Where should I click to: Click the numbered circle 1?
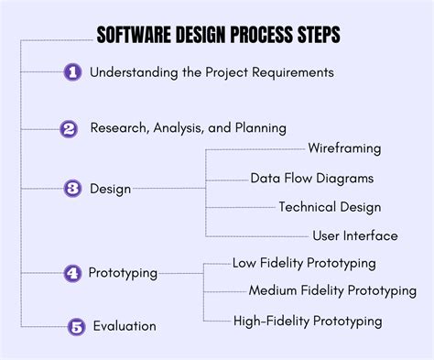[x=73, y=71]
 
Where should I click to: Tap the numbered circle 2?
[x=69, y=129]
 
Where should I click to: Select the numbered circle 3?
[x=73, y=189]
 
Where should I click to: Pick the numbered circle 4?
[x=72, y=273]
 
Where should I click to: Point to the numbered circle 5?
[x=78, y=325]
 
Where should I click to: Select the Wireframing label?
[x=344, y=148]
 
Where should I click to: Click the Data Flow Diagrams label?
[x=311, y=178]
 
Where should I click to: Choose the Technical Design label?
[x=330, y=207]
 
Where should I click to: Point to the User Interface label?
[x=354, y=235]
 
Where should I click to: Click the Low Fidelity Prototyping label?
[x=304, y=263]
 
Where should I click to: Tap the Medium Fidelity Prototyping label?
[x=332, y=291]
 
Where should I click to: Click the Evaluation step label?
[x=125, y=325]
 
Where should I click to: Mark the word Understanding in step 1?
[x=136, y=71]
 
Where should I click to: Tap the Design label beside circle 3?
[x=110, y=189]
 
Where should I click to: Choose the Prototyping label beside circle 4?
[x=123, y=273]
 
